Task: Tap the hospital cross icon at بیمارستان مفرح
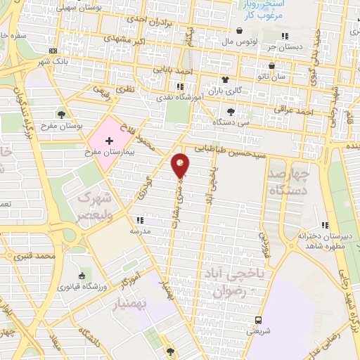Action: tap(109, 141)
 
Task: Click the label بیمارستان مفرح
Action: tap(108, 152)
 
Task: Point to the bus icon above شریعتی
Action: tap(257, 319)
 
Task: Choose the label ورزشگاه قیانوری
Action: tap(83, 287)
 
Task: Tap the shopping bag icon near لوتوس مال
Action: tap(240, 31)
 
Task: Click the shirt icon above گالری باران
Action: tap(225, 80)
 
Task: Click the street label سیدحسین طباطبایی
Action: tap(232, 148)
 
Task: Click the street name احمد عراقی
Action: tap(312, 111)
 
